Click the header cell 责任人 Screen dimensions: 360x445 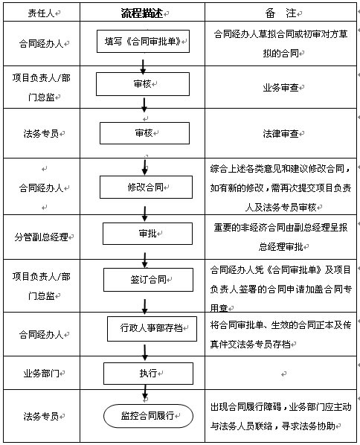coord(41,13)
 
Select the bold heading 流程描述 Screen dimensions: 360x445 coord(142,13)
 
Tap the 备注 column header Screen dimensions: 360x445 coord(281,13)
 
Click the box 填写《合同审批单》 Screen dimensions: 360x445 coord(143,42)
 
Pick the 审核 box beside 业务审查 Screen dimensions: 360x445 coord(143,84)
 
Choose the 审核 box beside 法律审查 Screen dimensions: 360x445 coord(144,133)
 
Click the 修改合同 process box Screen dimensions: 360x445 coord(146,187)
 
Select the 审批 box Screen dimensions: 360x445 coord(147,234)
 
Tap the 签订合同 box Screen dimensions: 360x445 coord(148,280)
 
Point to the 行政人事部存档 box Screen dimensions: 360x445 coord(152,329)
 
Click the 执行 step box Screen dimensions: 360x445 coord(148,374)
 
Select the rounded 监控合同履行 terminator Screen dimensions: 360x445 coord(148,416)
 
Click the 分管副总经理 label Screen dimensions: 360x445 coord(42,237)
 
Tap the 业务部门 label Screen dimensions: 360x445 coord(42,374)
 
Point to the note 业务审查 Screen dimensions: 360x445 coord(281,88)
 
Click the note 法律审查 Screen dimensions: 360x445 coord(281,133)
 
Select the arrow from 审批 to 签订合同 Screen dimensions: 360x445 coord(145,260)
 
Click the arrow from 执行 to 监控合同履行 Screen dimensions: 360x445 coord(145,392)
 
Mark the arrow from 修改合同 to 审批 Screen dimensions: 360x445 coord(145,214)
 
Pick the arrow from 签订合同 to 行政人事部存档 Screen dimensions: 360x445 coord(145,307)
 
